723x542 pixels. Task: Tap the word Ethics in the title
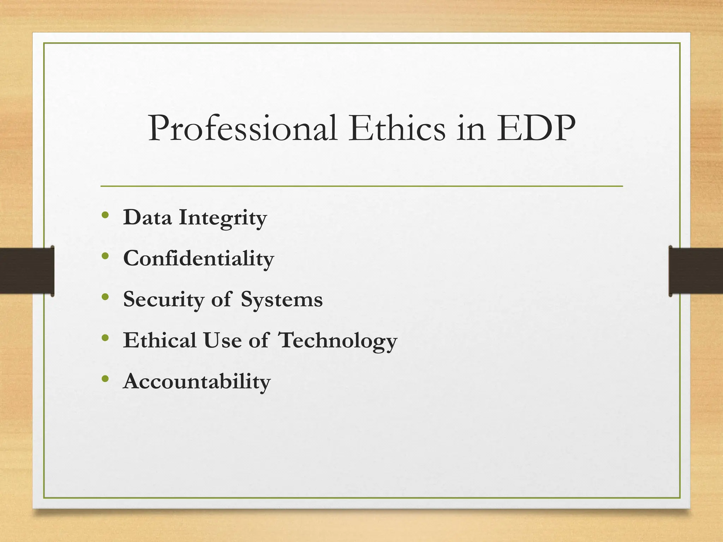[x=397, y=129]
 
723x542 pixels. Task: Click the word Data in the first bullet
[x=147, y=217]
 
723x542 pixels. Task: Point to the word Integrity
[x=223, y=218]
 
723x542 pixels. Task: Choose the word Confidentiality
[x=198, y=259]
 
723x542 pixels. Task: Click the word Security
[x=163, y=300]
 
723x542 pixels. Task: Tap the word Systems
[x=282, y=300]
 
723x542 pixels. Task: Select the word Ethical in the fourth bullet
[x=160, y=341]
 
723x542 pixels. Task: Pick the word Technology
[x=338, y=341]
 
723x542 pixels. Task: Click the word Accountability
[x=197, y=382]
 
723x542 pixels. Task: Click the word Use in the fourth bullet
[x=222, y=341]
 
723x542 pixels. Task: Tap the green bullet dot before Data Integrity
[x=105, y=215]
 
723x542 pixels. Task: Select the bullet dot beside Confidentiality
[x=105, y=256]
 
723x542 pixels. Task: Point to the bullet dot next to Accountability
[x=105, y=379]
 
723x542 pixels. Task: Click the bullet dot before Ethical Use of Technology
[x=105, y=338]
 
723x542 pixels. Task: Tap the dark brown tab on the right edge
[x=696, y=271]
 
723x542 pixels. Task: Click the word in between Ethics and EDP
[x=471, y=129]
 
